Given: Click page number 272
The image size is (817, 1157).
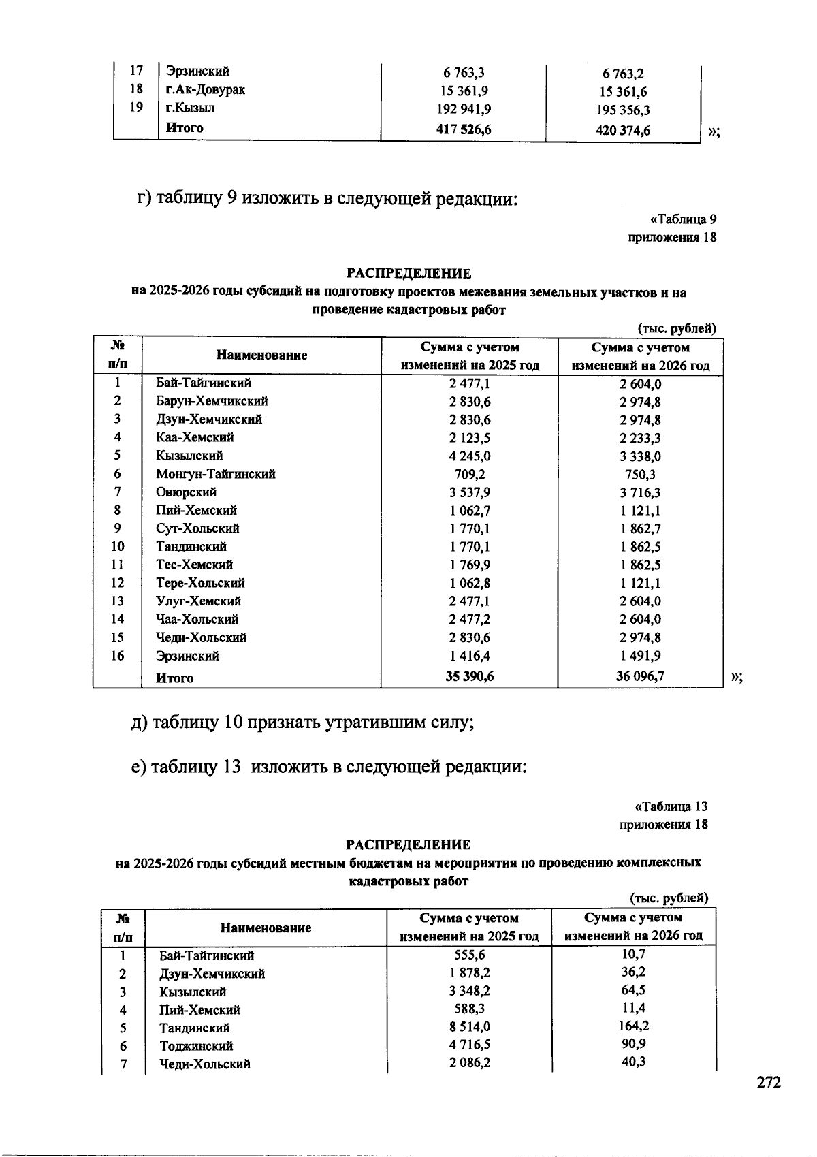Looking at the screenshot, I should pos(769,1083).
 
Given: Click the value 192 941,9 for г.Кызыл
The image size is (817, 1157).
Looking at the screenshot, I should pos(464,109).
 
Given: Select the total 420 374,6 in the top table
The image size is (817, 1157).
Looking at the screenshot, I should pos(622,130).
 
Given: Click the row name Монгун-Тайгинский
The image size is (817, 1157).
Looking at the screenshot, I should pos(215,474).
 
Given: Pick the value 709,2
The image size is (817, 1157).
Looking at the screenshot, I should pos(469,474).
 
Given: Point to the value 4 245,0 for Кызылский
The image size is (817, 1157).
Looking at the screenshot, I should pos(469,456).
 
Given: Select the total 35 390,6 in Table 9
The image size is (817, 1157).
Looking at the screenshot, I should pos(469,677).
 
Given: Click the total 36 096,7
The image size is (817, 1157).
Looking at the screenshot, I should pos(640,677).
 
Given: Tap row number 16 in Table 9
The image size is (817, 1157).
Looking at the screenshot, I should pos(117,656).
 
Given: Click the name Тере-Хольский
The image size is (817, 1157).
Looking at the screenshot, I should pos(200,583).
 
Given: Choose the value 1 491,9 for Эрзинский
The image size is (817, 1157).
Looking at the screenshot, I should pos(640,656).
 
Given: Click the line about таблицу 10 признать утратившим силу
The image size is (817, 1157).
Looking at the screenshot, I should pos(303,722).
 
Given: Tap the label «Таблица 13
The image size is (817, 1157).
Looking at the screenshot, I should pos(671,806).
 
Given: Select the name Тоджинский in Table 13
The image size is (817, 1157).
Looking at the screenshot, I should pos(196,1046).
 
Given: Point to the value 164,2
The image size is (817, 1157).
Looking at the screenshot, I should pos(634,1026).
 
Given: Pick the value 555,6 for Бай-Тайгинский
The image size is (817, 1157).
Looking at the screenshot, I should pos(469,955).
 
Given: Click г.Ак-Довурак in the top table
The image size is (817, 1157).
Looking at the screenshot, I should pos(205,89).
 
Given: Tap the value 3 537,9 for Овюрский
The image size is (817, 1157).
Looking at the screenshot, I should pos(469,492).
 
